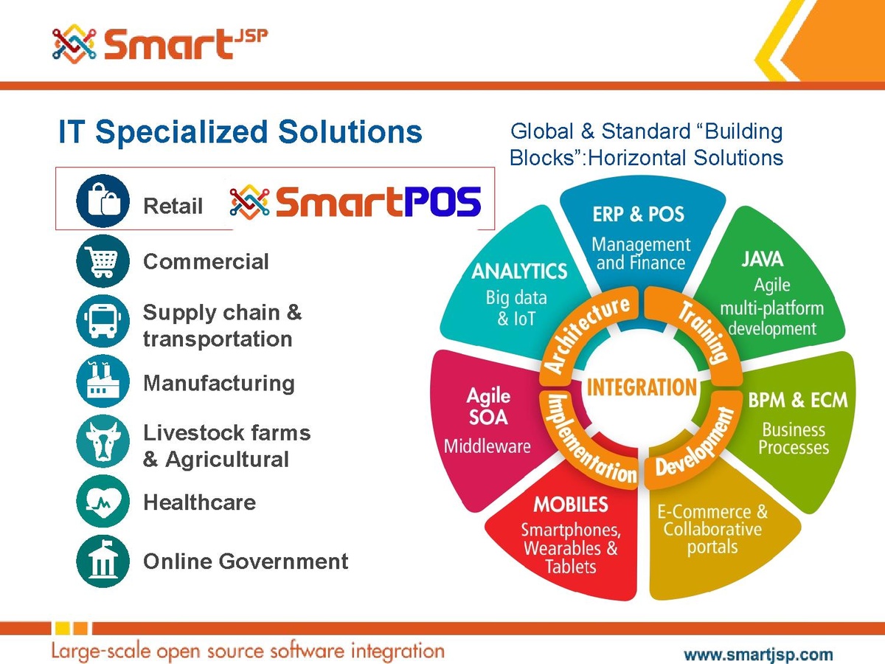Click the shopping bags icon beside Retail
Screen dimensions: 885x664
pyautogui.click(x=103, y=201)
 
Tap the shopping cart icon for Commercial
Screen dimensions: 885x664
pyautogui.click(x=103, y=261)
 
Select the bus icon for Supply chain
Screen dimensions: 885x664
pyautogui.click(x=103, y=322)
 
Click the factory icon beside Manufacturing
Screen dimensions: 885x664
pyautogui.click(x=103, y=381)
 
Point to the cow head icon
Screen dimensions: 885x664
pyautogui.click(x=103, y=441)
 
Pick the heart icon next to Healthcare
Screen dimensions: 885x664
pyautogui.click(x=103, y=501)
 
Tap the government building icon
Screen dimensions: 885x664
pyautogui.click(x=103, y=561)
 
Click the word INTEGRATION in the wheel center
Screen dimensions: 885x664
pyautogui.click(x=642, y=387)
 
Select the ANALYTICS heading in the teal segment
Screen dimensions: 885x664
pyautogui.click(x=519, y=271)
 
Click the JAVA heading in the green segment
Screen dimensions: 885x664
pyautogui.click(x=763, y=259)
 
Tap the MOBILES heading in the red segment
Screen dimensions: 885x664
pyautogui.click(x=571, y=505)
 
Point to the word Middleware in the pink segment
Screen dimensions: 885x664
pyautogui.click(x=487, y=446)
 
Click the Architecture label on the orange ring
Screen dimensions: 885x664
pyautogui.click(x=586, y=335)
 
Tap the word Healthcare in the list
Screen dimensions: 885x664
pyautogui.click(x=200, y=502)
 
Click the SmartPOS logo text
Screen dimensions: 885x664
pyautogui.click(x=378, y=201)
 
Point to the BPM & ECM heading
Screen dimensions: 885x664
pyautogui.click(x=798, y=401)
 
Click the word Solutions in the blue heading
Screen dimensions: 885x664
pyautogui.click(x=350, y=131)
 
